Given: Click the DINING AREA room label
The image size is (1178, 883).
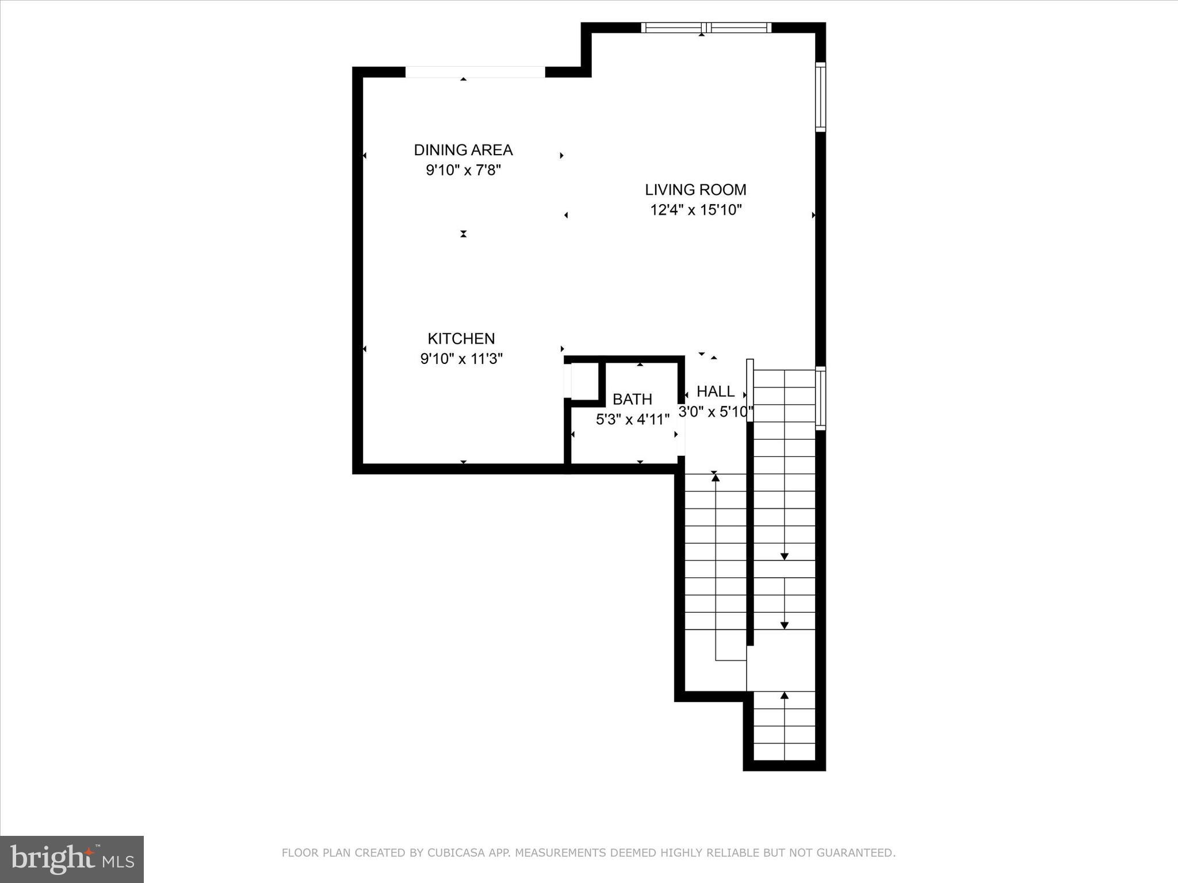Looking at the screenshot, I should point(463,150).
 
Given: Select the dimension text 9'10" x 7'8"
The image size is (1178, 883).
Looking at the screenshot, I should point(463,170).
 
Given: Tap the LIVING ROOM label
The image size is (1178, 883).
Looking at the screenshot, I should point(695,190).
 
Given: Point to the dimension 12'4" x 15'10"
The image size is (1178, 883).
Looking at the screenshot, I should point(696,210).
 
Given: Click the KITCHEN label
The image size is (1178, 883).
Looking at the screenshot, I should point(461,339).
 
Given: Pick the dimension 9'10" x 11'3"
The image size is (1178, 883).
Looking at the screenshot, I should point(461,359).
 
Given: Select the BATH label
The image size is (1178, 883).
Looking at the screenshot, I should point(632,399).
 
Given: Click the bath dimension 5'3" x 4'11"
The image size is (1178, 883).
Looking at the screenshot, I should point(632,420).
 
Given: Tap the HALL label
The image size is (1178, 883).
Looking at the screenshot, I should point(716,391).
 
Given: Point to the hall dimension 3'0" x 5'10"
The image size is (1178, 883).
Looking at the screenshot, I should point(716,412).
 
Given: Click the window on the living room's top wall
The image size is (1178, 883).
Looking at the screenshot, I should point(706,28).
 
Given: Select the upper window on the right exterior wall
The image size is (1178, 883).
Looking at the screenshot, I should point(821,97).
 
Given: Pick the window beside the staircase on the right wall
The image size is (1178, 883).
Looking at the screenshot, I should point(821,398).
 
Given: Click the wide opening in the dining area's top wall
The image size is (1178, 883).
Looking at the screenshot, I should point(475,72).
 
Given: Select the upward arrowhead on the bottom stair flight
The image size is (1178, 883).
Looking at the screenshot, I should point(784,696).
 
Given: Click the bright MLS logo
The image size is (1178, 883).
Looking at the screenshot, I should point(72,859).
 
